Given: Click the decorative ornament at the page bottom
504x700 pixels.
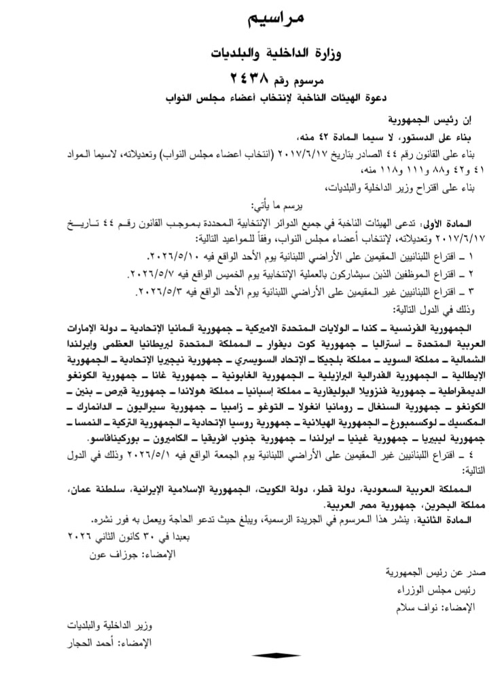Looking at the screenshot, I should coord(276,655).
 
